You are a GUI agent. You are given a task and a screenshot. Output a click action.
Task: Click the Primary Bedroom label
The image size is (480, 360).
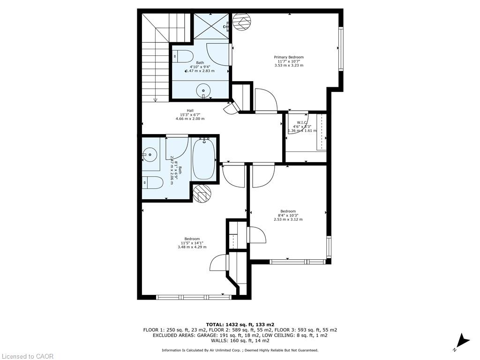289,57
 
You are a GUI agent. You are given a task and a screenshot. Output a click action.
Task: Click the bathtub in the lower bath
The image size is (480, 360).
204,159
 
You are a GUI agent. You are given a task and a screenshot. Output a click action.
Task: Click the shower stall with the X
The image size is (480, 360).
211,26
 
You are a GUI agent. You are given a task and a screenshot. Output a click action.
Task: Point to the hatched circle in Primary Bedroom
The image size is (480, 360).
242,22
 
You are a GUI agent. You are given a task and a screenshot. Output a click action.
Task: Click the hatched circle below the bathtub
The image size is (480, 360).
202,193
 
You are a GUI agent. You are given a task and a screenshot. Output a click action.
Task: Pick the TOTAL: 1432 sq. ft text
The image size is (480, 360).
240,324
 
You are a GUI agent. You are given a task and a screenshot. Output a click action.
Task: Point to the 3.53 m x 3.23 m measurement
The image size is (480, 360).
289,66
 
